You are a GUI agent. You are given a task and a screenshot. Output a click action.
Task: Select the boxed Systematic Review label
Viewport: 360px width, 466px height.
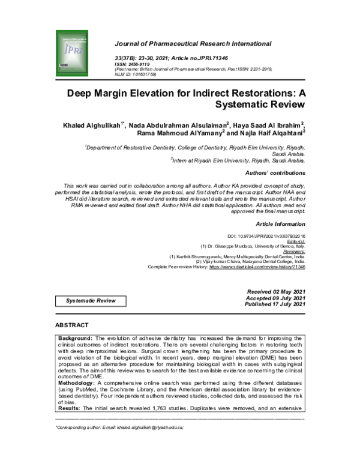click(91, 298)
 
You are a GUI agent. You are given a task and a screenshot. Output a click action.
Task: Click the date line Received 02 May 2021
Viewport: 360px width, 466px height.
click(277, 291)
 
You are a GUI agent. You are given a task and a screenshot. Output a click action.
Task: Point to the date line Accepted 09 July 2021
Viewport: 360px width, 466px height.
click(277, 298)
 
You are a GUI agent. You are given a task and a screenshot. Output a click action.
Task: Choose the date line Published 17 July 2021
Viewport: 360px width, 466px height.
click(275, 304)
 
